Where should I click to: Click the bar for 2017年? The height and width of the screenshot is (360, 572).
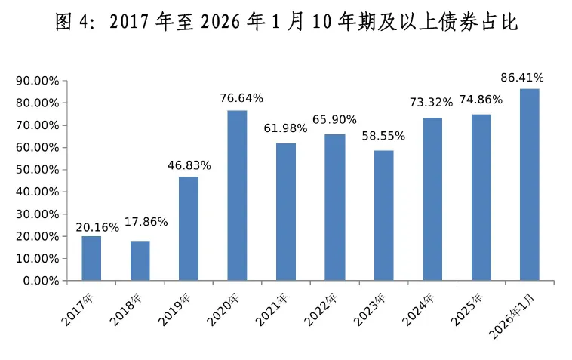[x=91, y=258]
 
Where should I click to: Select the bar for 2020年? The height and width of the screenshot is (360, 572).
[x=237, y=195]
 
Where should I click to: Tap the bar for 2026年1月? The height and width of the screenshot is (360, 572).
[x=529, y=185]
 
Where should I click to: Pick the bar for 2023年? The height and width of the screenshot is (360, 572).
[x=383, y=216]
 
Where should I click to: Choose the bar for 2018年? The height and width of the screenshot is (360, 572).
[x=140, y=260]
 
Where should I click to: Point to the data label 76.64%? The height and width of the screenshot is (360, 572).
[x=238, y=98]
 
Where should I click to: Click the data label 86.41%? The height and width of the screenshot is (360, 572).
[x=522, y=77]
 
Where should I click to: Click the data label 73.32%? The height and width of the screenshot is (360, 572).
[x=427, y=103]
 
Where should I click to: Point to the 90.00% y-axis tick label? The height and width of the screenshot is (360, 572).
[x=37, y=81]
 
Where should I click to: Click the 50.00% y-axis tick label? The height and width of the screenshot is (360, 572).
[x=37, y=170]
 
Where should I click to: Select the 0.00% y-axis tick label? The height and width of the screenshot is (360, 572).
[x=40, y=281]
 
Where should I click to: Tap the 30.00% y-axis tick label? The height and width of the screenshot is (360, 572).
[x=37, y=214]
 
